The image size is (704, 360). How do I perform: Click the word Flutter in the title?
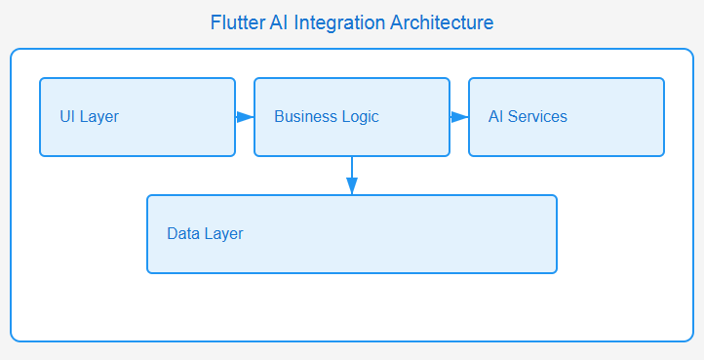tap(237, 21)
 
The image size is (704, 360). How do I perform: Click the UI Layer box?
tap(137, 117)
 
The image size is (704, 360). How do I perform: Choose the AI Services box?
tap(567, 117)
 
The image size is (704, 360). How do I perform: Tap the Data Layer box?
tap(352, 234)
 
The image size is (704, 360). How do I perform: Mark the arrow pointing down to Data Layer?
tap(352, 176)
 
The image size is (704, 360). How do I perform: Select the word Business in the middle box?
tap(304, 117)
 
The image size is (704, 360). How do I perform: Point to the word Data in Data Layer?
tap(182, 234)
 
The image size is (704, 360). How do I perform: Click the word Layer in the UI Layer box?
tap(99, 117)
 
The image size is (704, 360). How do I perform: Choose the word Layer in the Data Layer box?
tap(223, 234)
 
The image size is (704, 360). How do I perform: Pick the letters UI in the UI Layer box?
tap(67, 117)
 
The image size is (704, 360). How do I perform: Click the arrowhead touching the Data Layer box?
tap(352, 187)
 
